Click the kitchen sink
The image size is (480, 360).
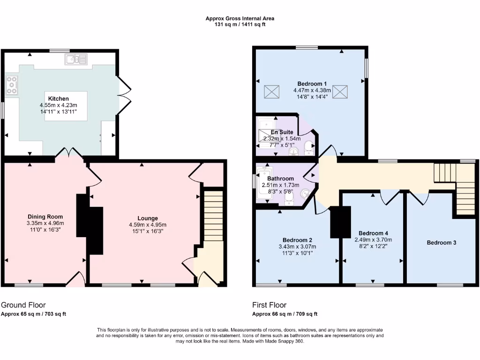click(76, 59)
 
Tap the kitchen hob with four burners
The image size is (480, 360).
click(11, 85)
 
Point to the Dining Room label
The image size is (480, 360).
click(45, 217)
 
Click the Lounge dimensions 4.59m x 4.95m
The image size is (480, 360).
click(148, 225)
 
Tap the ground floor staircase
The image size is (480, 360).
click(213, 216)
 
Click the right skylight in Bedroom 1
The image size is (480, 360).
click(341, 92)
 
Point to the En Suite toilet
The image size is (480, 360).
click(308, 148)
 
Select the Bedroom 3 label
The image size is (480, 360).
click(441, 243)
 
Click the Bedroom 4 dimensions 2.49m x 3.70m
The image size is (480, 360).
click(373, 240)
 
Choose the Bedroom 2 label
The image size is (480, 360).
click(297, 240)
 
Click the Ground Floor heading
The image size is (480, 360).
click(23, 305)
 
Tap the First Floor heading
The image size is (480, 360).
click(269, 305)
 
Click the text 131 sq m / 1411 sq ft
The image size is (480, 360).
click(240, 24)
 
